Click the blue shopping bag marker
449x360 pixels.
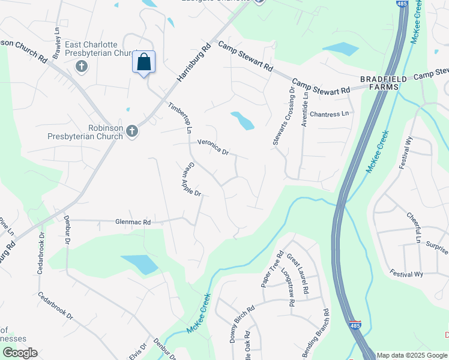tap(144, 62)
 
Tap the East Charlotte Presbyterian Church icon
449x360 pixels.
tap(82, 65)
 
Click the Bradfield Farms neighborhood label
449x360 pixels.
tap(383, 83)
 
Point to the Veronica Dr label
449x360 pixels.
tap(213, 148)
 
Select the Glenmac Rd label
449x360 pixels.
tap(133, 221)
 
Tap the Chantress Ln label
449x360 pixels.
tap(330, 114)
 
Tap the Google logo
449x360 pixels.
tap(20, 353)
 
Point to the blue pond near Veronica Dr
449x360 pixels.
tap(243, 121)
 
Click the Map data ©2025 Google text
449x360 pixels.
tap(412, 355)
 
